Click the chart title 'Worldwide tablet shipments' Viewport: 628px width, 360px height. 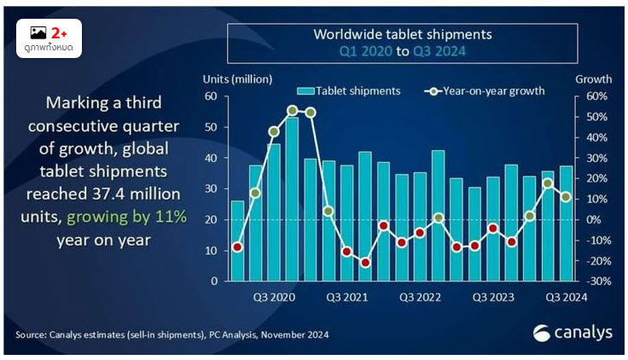coord(403,35)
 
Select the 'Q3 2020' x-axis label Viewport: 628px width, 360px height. coord(274,297)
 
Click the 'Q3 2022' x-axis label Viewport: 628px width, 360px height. coord(421,297)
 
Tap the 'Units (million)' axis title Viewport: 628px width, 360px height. coord(237,78)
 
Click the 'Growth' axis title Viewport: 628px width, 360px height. coord(594,78)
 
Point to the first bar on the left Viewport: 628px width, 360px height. coord(237,240)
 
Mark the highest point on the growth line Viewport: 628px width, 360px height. coord(292,110)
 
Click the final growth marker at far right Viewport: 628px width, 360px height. coord(566,197)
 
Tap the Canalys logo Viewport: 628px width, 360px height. coord(572,334)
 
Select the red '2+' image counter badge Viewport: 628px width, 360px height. coord(60,32)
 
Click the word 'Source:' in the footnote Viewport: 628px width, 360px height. coord(32,334)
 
